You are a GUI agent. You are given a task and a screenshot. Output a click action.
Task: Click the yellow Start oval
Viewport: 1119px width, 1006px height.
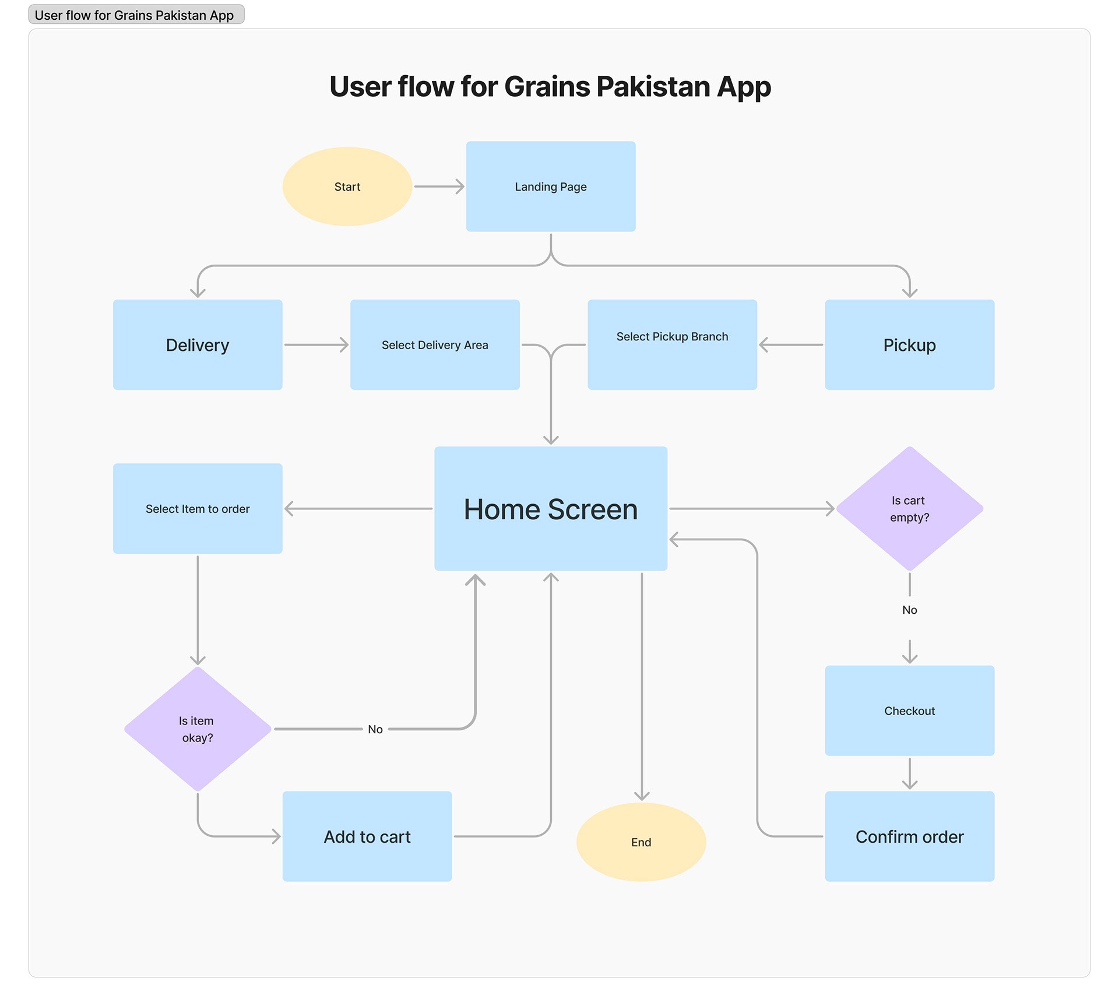click(x=347, y=187)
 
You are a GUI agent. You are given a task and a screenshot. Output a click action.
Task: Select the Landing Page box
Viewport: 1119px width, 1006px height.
click(x=551, y=187)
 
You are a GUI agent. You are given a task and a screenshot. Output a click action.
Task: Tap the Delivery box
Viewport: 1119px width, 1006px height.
click(x=198, y=344)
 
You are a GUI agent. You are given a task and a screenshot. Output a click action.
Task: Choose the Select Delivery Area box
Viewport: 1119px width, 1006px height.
click(x=435, y=344)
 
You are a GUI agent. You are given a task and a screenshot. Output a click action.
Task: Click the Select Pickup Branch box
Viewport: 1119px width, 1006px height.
click(x=673, y=344)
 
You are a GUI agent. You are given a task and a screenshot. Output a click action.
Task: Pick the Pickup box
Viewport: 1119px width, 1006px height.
click(x=910, y=344)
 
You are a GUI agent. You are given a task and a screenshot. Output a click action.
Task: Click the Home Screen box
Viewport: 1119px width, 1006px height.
click(x=551, y=509)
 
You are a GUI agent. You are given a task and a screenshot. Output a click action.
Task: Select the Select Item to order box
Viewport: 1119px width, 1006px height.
click(x=198, y=509)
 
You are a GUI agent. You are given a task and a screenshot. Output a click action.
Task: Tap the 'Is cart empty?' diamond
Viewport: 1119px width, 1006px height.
click(x=910, y=509)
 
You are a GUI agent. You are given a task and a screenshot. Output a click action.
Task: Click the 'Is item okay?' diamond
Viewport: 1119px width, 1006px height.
click(x=198, y=729)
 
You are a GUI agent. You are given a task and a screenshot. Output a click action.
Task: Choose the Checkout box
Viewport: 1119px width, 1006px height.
click(x=910, y=711)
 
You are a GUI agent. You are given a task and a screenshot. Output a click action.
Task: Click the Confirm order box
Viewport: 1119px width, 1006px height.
click(x=910, y=836)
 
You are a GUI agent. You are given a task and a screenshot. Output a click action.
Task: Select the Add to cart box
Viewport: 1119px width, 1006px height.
click(x=367, y=836)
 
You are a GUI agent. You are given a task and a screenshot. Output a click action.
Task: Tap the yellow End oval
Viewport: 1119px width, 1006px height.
click(x=641, y=842)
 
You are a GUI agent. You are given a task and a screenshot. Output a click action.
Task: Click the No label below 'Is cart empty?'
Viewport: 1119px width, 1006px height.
click(x=910, y=610)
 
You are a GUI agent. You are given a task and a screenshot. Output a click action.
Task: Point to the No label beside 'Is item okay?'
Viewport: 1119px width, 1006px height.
click(x=375, y=730)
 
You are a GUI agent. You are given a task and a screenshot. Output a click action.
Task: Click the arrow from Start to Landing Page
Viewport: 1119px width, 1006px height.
click(x=439, y=187)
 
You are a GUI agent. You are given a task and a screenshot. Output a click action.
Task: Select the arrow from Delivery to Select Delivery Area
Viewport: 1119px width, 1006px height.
click(x=316, y=345)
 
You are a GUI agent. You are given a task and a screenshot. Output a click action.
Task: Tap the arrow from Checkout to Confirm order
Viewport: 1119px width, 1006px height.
click(x=910, y=773)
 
